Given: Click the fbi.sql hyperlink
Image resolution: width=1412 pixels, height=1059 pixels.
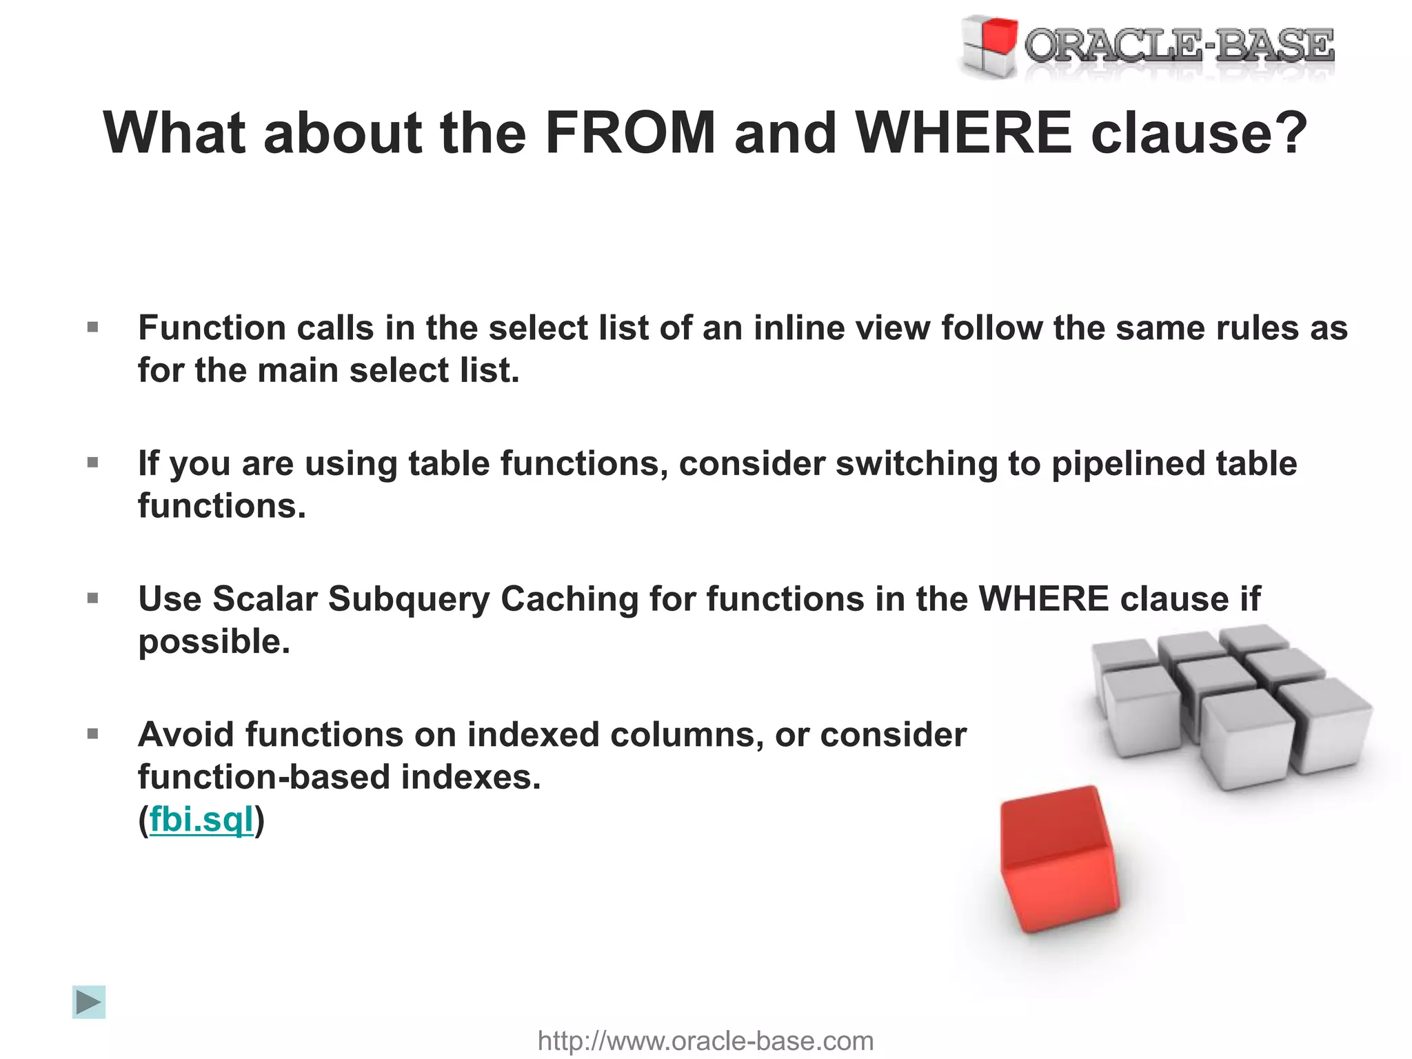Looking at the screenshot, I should point(201,820).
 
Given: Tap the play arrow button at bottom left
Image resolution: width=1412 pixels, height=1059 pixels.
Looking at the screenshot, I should point(89,1002).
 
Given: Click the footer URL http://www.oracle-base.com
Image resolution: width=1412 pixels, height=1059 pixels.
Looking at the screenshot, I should point(705,1040).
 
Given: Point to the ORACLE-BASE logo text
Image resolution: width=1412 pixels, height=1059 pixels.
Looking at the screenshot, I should point(1179,46).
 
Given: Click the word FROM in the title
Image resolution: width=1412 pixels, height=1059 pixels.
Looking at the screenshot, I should point(630,132).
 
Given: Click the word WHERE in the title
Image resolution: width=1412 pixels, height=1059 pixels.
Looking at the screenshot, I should point(962,132).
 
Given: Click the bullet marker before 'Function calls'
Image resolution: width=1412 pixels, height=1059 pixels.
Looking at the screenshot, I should point(93,327).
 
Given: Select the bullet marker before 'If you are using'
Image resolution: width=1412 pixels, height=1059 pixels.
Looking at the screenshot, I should point(93,463).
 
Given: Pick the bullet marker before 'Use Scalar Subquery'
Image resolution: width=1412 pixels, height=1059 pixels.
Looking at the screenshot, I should point(93,598).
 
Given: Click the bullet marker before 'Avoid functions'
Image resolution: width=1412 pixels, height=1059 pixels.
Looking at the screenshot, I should point(93,734).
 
